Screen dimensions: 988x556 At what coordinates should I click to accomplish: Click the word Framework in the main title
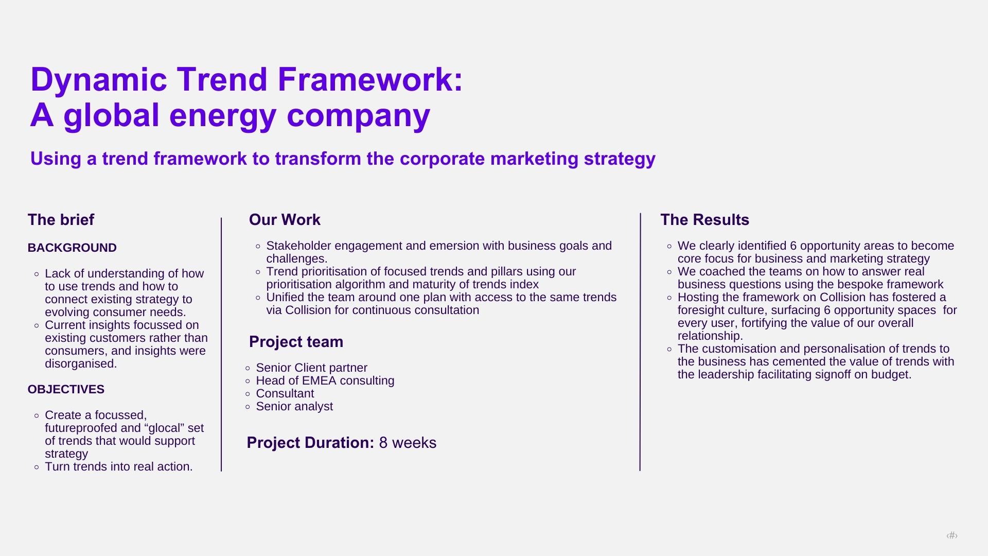pyautogui.click(x=370, y=80)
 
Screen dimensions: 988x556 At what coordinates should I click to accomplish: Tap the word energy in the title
pyautogui.click(x=223, y=116)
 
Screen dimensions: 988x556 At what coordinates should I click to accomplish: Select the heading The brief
pyautogui.click(x=61, y=220)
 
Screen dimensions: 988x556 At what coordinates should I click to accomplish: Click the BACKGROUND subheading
pyautogui.click(x=72, y=248)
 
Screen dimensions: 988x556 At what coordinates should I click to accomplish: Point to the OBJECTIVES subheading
pyautogui.click(x=66, y=389)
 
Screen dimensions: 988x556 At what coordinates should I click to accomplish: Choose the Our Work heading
pyautogui.click(x=285, y=220)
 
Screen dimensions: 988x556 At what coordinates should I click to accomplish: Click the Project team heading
pyautogui.click(x=296, y=342)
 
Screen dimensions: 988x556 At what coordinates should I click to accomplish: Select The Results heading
pyautogui.click(x=704, y=220)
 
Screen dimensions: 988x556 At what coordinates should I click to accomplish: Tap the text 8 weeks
pyautogui.click(x=408, y=443)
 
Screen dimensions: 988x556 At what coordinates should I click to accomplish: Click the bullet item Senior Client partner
pyautogui.click(x=312, y=368)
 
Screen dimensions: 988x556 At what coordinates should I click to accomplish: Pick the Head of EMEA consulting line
pyautogui.click(x=325, y=380)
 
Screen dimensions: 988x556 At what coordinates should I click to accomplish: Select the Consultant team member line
pyautogui.click(x=285, y=393)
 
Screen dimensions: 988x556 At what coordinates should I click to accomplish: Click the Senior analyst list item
pyautogui.click(x=294, y=406)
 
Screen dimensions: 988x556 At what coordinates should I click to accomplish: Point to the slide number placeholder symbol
pyautogui.click(x=952, y=535)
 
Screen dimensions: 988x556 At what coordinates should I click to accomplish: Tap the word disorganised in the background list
pyautogui.click(x=81, y=363)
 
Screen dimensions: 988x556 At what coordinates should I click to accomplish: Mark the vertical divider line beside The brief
pyautogui.click(x=221, y=344)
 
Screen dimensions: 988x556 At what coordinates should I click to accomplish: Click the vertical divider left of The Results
pyautogui.click(x=640, y=342)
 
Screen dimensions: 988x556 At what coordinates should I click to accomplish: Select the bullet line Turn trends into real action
pyautogui.click(x=119, y=466)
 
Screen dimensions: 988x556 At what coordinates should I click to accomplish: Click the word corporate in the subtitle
pyautogui.click(x=442, y=159)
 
